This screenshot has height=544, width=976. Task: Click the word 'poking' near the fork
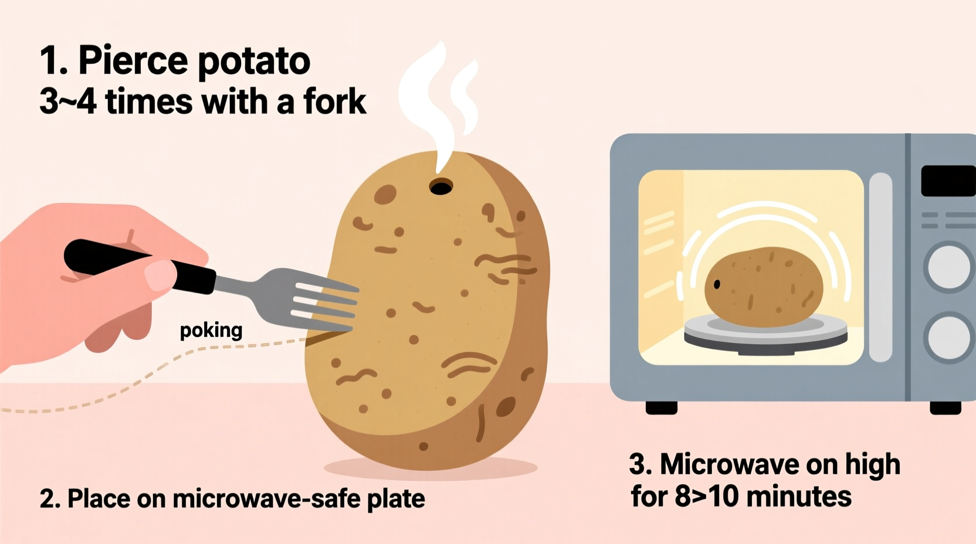[211, 331]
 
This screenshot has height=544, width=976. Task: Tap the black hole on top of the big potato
[440, 188]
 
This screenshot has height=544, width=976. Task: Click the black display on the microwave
[948, 181]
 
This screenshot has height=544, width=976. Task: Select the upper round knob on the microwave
[949, 267]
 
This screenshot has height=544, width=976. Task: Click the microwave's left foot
[661, 407]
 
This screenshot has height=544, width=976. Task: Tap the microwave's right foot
[945, 407]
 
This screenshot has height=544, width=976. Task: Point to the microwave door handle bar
[880, 267]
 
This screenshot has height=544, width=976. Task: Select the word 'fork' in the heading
[334, 101]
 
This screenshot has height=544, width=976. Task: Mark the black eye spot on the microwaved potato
[717, 284]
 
